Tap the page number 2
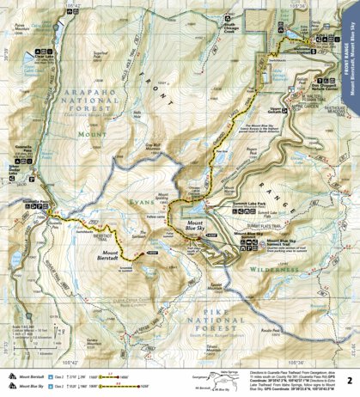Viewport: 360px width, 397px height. (x=348, y=379)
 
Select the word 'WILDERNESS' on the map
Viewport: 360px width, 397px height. (x=276, y=267)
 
